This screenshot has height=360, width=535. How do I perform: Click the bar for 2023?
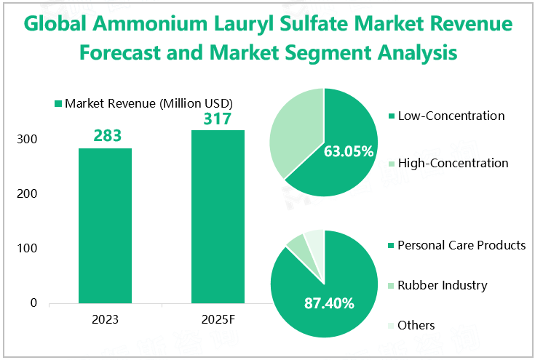(106, 225)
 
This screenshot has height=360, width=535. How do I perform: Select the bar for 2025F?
(218, 217)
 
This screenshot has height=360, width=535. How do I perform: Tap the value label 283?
(106, 136)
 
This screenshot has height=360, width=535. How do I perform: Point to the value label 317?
(218, 118)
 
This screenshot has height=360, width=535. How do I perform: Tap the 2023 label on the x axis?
(106, 319)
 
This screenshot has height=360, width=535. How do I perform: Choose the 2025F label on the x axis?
(218, 319)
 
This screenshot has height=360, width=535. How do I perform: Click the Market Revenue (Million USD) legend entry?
(148, 103)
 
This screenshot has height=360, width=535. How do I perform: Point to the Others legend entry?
(416, 325)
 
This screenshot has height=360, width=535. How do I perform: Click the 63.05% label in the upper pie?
(349, 152)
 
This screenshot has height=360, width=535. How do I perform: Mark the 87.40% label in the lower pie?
(329, 303)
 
